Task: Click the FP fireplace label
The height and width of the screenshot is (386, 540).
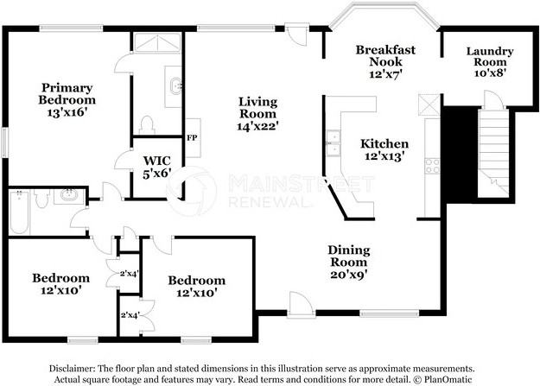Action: (x=192, y=138)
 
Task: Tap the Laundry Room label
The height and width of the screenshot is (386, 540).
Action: (x=490, y=56)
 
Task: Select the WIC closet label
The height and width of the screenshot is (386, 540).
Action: (x=156, y=161)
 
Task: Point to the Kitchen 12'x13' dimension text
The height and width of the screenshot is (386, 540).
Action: (x=384, y=156)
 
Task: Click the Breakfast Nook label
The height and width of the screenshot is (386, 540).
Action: (x=385, y=55)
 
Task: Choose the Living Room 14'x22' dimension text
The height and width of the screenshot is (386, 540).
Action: (x=257, y=126)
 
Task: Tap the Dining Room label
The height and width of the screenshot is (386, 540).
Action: (x=349, y=256)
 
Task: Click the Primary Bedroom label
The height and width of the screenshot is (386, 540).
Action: (x=67, y=93)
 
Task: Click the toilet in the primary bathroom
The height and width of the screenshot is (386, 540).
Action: (x=147, y=124)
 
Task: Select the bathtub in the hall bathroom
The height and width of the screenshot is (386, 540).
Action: (x=19, y=212)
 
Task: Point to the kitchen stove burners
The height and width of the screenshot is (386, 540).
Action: (x=432, y=166)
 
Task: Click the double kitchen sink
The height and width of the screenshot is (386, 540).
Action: (x=333, y=143)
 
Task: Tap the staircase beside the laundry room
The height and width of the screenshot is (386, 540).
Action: (x=493, y=151)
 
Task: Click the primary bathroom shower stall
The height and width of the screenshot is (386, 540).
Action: (x=157, y=42)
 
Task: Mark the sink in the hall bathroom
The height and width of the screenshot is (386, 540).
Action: (x=69, y=195)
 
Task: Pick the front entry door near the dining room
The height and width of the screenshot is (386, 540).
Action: (x=301, y=305)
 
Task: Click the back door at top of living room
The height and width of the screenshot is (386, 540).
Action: (x=297, y=34)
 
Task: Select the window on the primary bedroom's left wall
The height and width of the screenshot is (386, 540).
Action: (x=5, y=142)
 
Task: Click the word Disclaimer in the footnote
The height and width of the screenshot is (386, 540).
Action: (x=72, y=369)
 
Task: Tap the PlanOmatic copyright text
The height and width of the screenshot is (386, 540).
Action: (x=442, y=379)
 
